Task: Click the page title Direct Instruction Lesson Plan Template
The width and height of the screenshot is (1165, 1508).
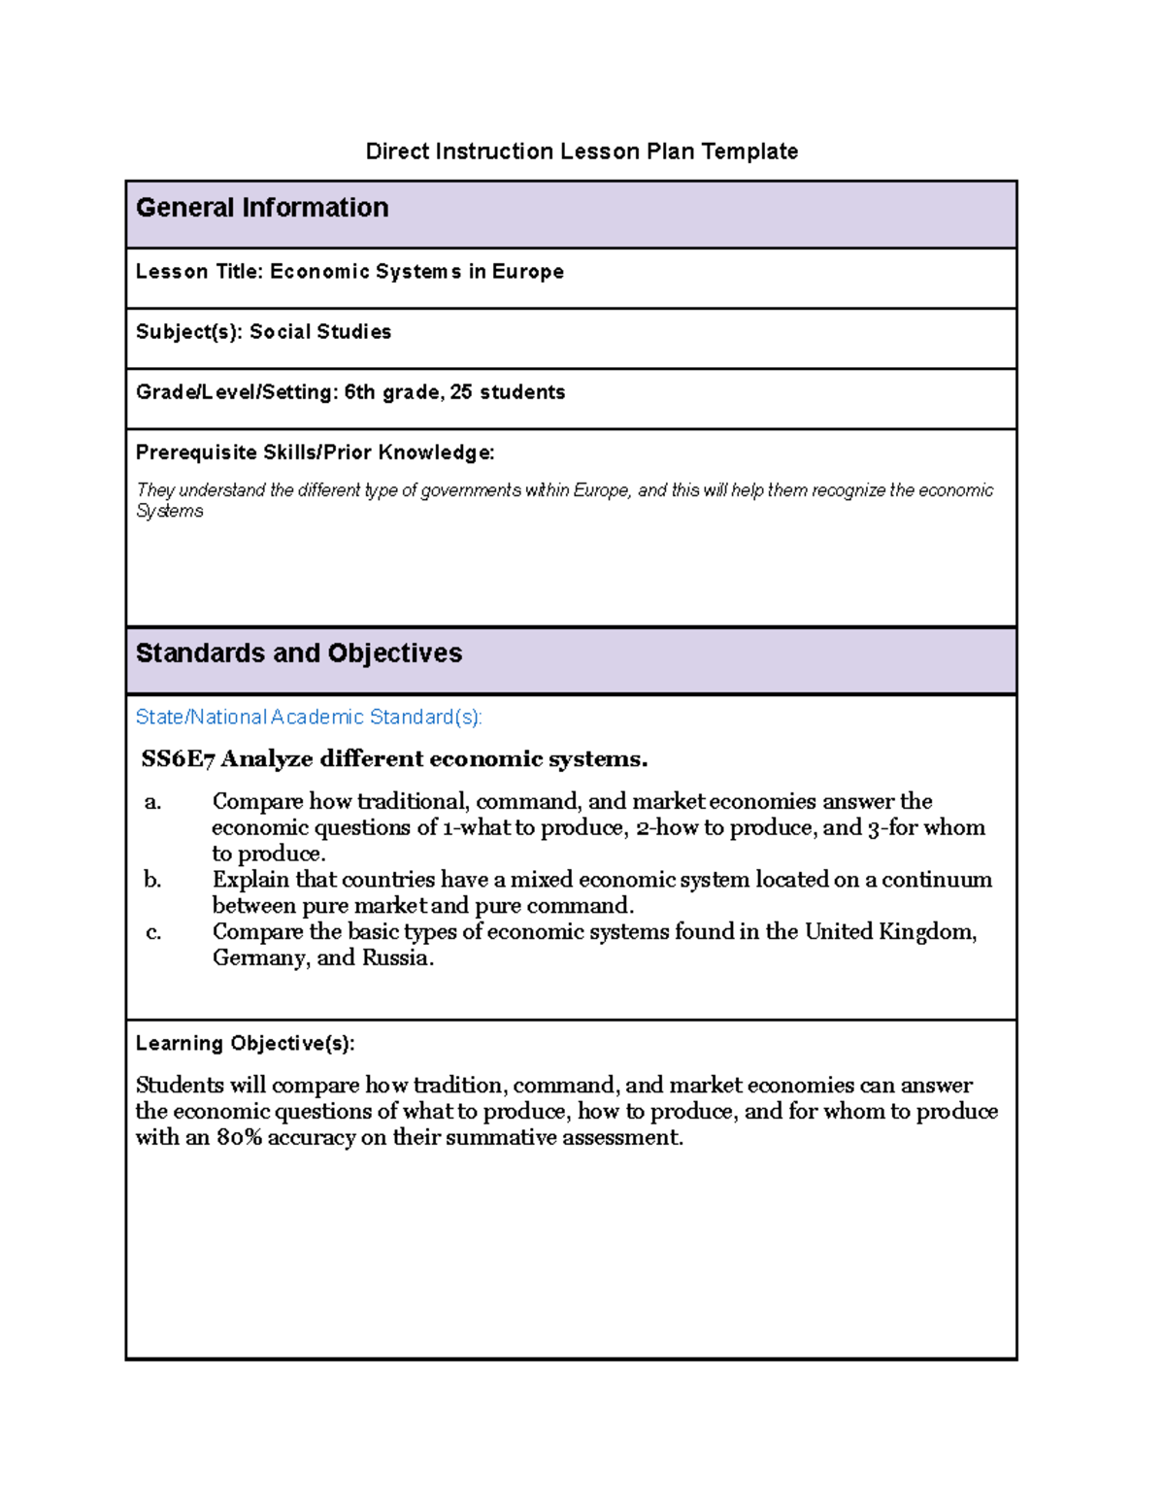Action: [x=582, y=151]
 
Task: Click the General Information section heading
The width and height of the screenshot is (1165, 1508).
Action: [x=262, y=208]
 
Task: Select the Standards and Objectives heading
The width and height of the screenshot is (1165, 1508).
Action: [x=298, y=653]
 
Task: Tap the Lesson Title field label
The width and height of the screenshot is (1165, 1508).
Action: [x=198, y=272]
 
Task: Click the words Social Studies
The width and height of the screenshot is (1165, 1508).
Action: [x=320, y=332]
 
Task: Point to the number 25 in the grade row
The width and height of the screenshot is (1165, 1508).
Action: [x=461, y=392]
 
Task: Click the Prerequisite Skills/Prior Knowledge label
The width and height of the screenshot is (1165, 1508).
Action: [x=315, y=452]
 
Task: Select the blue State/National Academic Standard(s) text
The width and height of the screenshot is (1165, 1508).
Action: [x=309, y=718]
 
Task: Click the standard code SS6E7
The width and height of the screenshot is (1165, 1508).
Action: [x=178, y=759]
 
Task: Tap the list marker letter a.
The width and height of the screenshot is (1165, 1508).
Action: [x=152, y=802]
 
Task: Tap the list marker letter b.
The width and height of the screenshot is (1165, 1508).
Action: [x=152, y=881]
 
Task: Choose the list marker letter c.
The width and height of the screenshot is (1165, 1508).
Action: [x=152, y=933]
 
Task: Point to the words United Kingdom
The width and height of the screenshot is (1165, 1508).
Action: [x=890, y=932]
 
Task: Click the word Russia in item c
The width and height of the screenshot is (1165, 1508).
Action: [x=397, y=958]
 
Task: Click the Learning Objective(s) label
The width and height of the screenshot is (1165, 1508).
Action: [x=245, y=1044]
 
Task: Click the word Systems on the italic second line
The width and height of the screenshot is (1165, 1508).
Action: [x=170, y=512]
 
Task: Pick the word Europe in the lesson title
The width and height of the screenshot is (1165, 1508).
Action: [x=527, y=272]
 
